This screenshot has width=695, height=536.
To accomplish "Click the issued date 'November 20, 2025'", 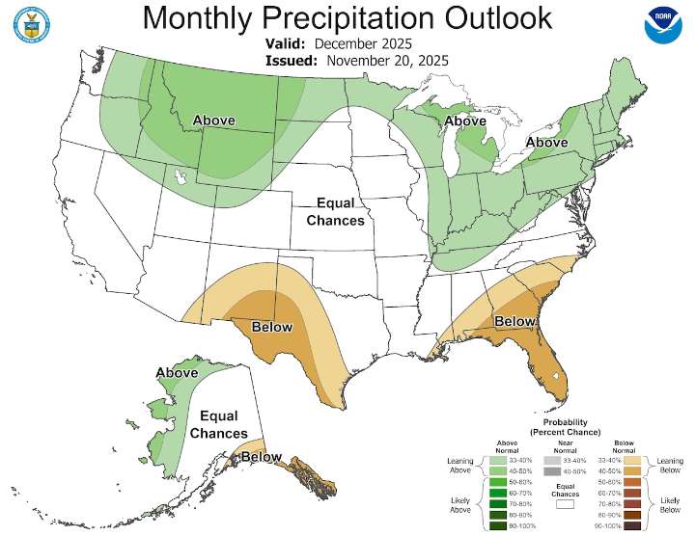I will [387, 60].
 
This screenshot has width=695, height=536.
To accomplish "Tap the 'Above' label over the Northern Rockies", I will [221, 121].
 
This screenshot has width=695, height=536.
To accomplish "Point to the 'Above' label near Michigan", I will [464, 121].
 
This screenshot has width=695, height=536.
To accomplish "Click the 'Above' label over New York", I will [546, 143].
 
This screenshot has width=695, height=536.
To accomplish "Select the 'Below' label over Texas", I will [271, 327].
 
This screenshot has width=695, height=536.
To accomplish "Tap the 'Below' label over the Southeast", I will [514, 321].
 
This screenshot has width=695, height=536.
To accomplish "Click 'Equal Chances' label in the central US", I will [335, 212].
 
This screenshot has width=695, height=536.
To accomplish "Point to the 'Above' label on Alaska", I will [177, 373].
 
